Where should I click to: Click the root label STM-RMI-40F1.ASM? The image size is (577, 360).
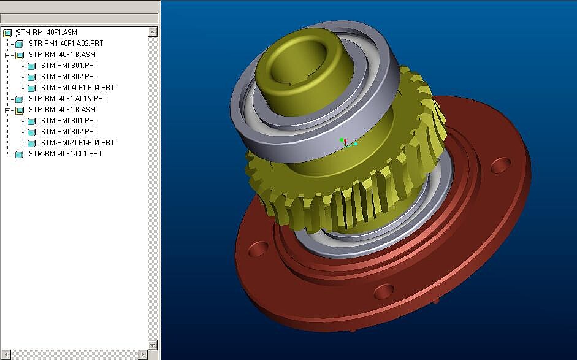(x=47, y=33)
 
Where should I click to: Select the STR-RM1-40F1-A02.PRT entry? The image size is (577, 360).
(x=66, y=44)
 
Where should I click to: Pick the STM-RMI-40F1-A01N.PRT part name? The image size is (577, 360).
(x=67, y=99)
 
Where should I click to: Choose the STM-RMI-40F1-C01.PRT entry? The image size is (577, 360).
(x=65, y=154)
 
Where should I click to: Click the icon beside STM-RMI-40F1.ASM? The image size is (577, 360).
(x=8, y=33)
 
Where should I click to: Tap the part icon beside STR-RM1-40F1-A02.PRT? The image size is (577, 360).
(x=20, y=44)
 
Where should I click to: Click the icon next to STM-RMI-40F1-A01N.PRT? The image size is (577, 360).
(x=20, y=99)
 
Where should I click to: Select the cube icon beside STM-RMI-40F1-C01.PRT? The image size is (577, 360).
(x=20, y=155)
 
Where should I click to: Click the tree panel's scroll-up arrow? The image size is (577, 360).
(x=153, y=32)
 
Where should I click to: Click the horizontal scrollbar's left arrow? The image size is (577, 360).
(x=6, y=355)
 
